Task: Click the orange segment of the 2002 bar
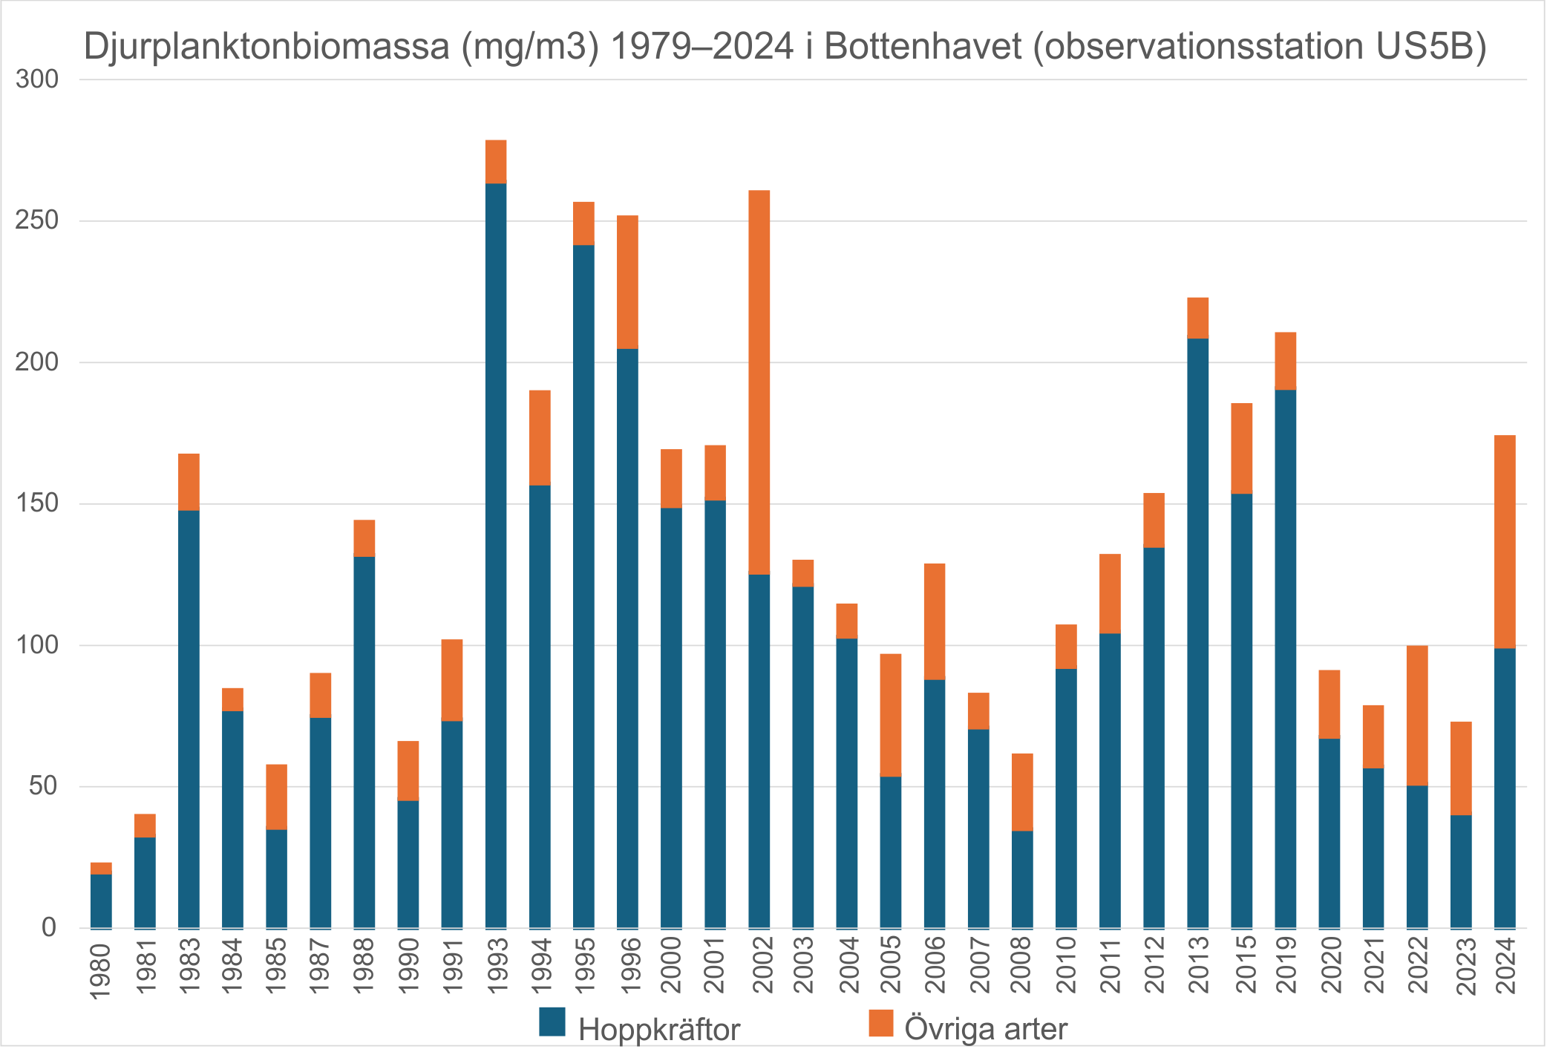click(x=759, y=382)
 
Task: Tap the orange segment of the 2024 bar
click(x=1505, y=542)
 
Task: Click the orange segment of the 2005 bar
click(x=891, y=715)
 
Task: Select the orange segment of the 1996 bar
click(x=627, y=282)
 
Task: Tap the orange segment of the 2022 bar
click(x=1417, y=716)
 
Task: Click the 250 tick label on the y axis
click(x=37, y=220)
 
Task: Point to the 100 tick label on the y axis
click(x=37, y=645)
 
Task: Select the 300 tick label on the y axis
click(x=37, y=79)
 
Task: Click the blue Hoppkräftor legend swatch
click(x=552, y=1022)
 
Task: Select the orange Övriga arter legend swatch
click(x=881, y=1022)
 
